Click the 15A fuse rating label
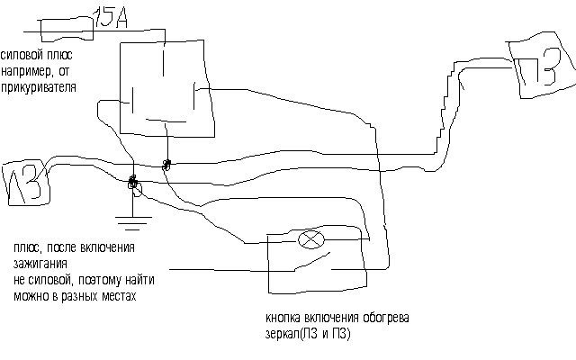coord(110,17)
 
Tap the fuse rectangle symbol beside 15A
coord(66,30)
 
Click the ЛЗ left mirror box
coord(26,184)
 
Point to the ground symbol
coord(133,223)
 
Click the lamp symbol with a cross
coord(311,240)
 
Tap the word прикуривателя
coord(38,87)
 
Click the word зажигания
coord(40,265)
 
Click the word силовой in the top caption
coord(22,55)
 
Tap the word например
coord(26,71)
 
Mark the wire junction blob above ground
coord(132,182)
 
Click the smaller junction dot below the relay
coord(166,165)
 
